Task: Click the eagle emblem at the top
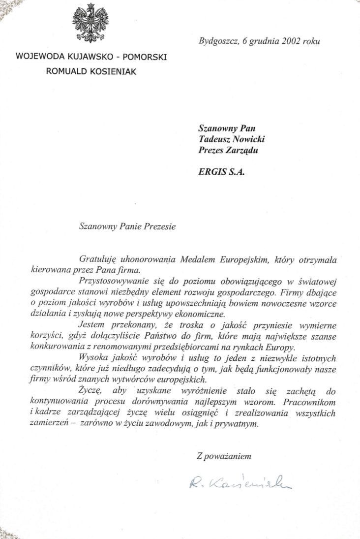pos(91,23)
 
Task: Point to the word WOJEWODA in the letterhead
pos(39,57)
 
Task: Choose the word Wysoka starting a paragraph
pos(92,357)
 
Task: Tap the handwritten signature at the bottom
pos(240,483)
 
